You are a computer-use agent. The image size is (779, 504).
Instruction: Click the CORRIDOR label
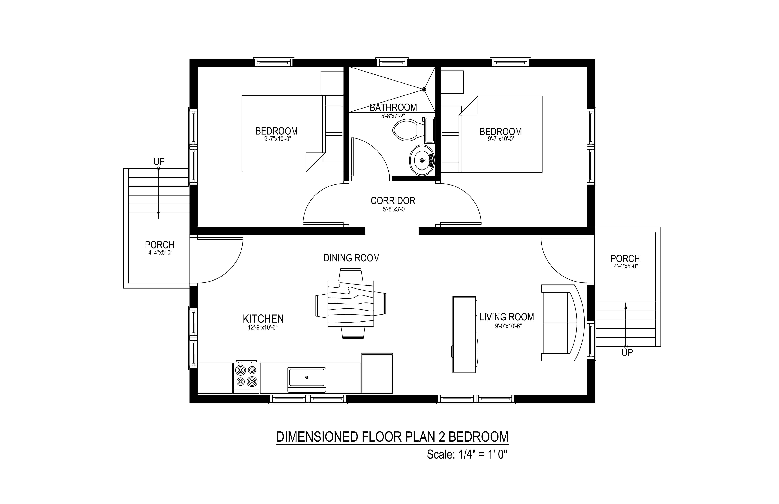pyautogui.click(x=393, y=201)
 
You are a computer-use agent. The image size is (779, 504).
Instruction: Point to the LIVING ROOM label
pyautogui.click(x=507, y=317)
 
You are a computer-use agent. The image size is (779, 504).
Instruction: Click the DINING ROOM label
pyautogui.click(x=351, y=258)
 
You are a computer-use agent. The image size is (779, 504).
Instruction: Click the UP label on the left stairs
pyautogui.click(x=159, y=162)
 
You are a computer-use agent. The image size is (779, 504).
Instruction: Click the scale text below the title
pyautogui.click(x=467, y=455)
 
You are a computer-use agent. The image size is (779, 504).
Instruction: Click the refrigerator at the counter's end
pyautogui.click(x=377, y=373)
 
